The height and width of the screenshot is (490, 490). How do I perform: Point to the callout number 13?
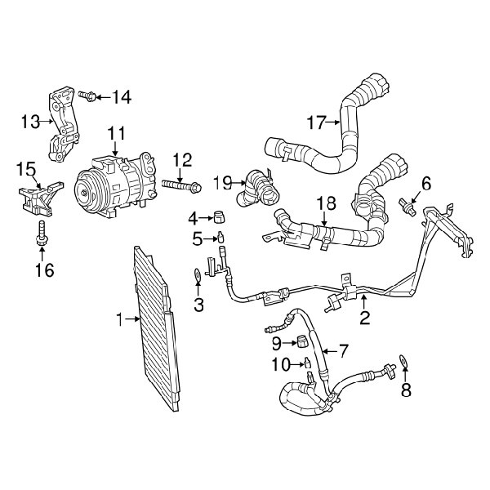point(30,122)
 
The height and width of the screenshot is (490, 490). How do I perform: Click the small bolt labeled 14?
point(90,98)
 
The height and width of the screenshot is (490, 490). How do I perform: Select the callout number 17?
point(315,122)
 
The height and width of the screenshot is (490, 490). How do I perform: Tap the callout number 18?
point(325,202)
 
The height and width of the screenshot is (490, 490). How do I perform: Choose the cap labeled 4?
point(217,216)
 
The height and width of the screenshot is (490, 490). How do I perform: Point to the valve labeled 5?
point(219,238)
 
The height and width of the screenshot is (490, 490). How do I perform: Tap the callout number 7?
point(342,352)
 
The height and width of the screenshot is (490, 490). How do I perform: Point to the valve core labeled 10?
point(307,363)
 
